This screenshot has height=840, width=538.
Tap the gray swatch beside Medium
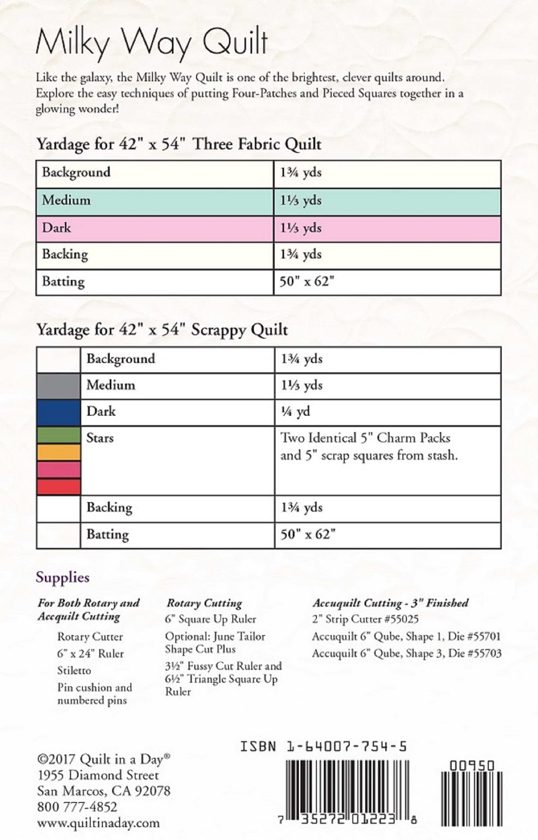pos(58,386)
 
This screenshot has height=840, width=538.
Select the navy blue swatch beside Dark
pos(58,412)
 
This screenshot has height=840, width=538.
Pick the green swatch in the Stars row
pos(58,435)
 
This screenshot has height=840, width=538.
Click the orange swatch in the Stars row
pos(58,452)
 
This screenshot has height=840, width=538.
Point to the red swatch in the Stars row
pos(58,487)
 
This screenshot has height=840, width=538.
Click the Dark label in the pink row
pos(56,228)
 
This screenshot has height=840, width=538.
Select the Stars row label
pos(100,438)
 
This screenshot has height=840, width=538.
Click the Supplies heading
pos(63,577)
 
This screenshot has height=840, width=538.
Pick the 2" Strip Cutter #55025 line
pos(365,619)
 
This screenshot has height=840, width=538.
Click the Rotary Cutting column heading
pos(204,603)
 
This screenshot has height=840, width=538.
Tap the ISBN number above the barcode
pos(323,747)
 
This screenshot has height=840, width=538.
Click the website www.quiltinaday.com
pos(98,823)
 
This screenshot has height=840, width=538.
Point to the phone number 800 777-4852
pos(77,807)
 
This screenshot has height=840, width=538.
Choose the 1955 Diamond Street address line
pos(98,775)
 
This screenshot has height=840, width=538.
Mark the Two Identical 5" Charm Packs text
pos(365,438)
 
